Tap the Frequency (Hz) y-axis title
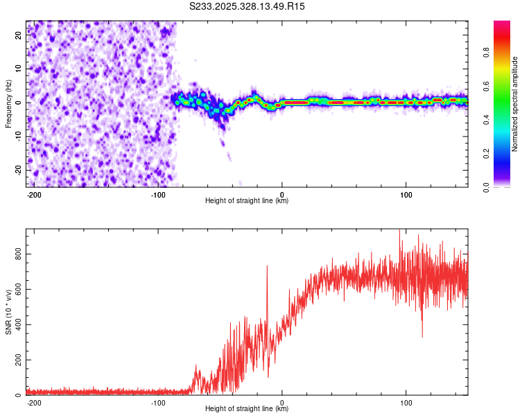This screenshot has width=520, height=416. click(8, 103)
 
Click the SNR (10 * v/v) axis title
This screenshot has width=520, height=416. click(8, 311)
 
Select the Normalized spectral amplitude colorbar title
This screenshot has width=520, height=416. click(514, 105)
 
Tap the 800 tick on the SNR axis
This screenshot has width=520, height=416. click(20, 255)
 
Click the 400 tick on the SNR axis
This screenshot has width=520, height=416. click(20, 324)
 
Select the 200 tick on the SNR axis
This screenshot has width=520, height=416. click(20, 360)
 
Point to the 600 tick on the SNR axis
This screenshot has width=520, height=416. click(20, 290)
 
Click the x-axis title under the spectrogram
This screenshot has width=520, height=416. click(247, 201)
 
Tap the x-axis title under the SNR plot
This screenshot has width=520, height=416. click(247, 409)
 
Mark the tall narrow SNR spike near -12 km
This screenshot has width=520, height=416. click(267, 267)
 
